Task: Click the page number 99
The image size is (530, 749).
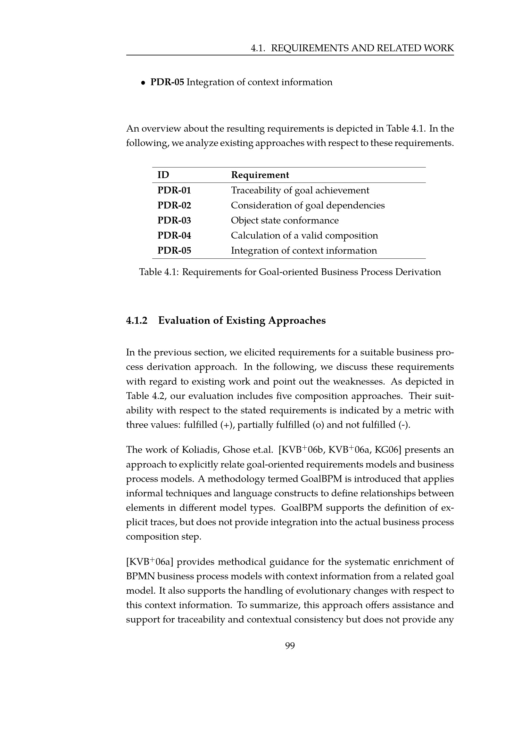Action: tap(290, 646)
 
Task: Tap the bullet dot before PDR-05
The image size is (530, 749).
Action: tap(143, 83)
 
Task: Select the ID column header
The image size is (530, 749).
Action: tap(163, 175)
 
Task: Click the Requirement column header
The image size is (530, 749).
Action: tap(260, 175)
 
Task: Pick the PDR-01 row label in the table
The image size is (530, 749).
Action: tap(174, 190)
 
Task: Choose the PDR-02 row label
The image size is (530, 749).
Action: tap(174, 205)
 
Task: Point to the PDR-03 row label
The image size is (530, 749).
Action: tap(174, 221)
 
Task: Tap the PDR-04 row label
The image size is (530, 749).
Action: tap(174, 236)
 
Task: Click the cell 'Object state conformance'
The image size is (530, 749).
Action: tap(285, 221)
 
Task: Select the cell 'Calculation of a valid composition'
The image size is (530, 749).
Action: tap(304, 236)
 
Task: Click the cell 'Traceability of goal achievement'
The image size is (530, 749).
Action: tap(300, 190)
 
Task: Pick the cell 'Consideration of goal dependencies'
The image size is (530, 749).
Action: tap(308, 205)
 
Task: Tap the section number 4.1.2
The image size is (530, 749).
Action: tap(137, 321)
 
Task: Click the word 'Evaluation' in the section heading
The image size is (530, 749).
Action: tap(184, 321)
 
